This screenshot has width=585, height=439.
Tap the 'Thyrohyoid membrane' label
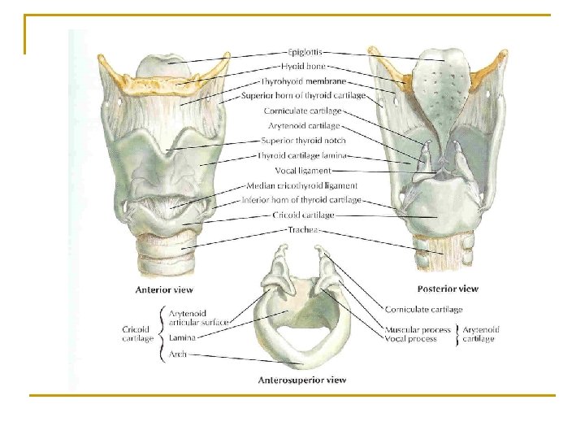click(303, 80)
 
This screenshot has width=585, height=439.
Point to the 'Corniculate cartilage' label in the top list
click(303, 111)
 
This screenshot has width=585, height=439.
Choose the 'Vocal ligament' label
click(303, 170)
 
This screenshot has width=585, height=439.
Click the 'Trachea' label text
click(303, 230)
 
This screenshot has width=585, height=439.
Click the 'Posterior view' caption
click(447, 288)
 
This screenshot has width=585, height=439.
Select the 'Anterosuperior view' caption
click(301, 379)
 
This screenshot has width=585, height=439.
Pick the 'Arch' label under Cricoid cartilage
click(178, 354)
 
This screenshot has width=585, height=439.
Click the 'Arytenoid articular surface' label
click(198, 317)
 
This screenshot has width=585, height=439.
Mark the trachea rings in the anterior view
click(169, 243)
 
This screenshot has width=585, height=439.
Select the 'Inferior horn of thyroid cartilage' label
click(301, 200)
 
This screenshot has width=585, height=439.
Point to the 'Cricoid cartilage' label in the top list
click(303, 215)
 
